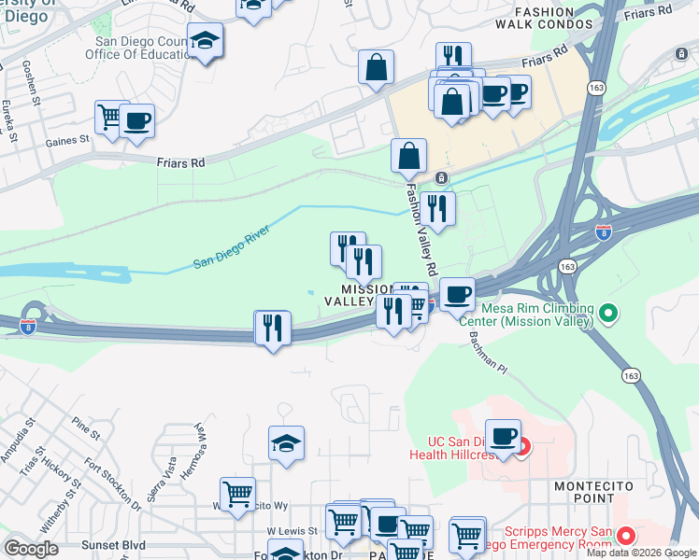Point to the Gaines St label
click(66, 140)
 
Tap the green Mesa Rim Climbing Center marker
click(609, 312)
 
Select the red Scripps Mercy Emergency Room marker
click(625, 537)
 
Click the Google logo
click(31, 548)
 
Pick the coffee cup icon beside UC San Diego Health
click(503, 435)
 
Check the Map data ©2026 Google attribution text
click(642, 553)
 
